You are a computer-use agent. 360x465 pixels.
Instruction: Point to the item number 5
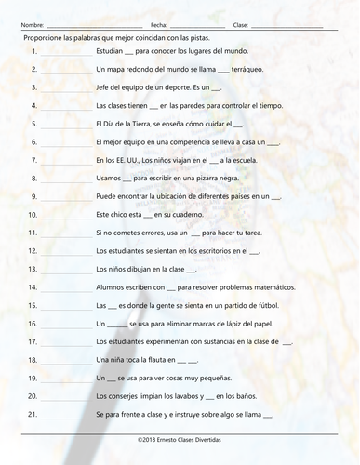pyautogui.click(x=33, y=124)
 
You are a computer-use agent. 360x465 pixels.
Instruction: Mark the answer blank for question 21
pyautogui.click(x=65, y=415)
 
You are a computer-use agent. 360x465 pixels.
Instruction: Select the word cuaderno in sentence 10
pyautogui.click(x=162, y=215)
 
